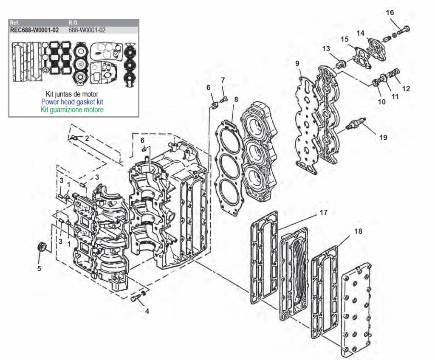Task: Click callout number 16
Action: click(x=390, y=13)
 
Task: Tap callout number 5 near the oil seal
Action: click(x=40, y=268)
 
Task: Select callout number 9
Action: click(x=297, y=63)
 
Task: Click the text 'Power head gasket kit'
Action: click(x=72, y=102)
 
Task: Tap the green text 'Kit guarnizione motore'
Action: click(x=72, y=110)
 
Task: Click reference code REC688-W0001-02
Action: click(x=34, y=30)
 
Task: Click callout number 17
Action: click(x=324, y=212)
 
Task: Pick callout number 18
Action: click(x=358, y=231)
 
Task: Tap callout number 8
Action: click(x=236, y=100)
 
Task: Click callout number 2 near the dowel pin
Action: click(x=87, y=138)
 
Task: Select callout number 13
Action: click(x=326, y=49)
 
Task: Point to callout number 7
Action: click(x=223, y=79)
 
